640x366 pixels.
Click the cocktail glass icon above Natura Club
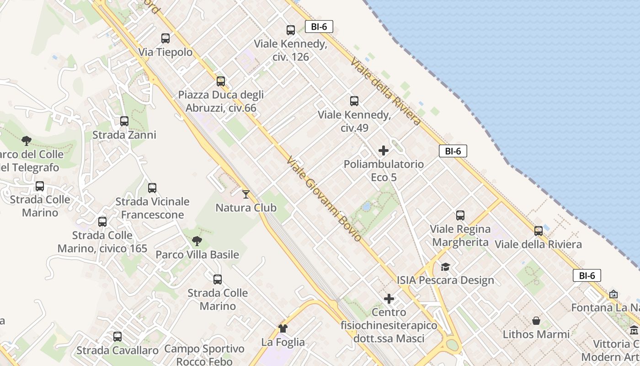pyautogui.click(x=246, y=194)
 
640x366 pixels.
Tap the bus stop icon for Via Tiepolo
pyautogui.click(x=165, y=38)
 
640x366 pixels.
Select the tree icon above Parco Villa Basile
pyautogui.click(x=197, y=241)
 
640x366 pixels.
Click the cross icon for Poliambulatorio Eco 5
pyautogui.click(x=384, y=151)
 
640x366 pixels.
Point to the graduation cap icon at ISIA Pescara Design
pyautogui.click(x=445, y=267)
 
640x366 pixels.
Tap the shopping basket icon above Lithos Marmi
pyautogui.click(x=536, y=321)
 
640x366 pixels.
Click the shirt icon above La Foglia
pyautogui.click(x=283, y=328)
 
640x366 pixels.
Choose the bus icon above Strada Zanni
pyautogui.click(x=124, y=121)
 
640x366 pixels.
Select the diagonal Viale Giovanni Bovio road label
pyautogui.click(x=324, y=199)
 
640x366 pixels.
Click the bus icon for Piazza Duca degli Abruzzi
pyautogui.click(x=221, y=81)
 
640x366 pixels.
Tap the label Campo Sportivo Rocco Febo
pyautogui.click(x=204, y=355)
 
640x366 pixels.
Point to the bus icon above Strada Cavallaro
pyautogui.click(x=117, y=337)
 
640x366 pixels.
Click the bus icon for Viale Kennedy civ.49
pyautogui.click(x=354, y=101)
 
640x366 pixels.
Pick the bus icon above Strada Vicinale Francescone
pyautogui.click(x=152, y=188)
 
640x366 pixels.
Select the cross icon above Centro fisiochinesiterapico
pyautogui.click(x=389, y=299)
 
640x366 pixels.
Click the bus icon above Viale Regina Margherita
pyautogui.click(x=460, y=215)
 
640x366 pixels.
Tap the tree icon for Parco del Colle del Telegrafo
pyautogui.click(x=27, y=140)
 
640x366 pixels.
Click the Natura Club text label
pyautogui.click(x=246, y=208)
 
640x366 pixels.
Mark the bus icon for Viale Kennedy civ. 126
pyautogui.click(x=291, y=30)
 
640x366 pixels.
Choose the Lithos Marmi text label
pyautogui.click(x=536, y=334)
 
